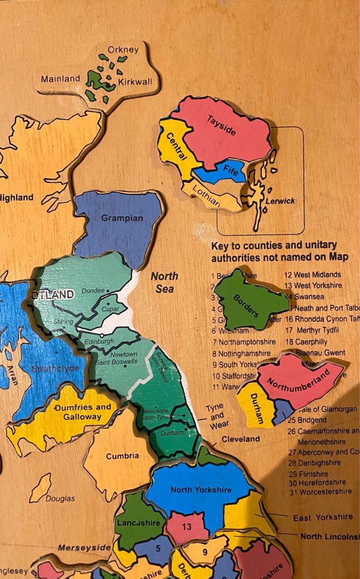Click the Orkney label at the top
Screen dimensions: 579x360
[123, 50]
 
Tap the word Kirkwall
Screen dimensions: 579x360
[135, 81]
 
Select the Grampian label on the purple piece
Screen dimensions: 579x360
[122, 218]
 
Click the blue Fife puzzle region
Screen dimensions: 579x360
[229, 172]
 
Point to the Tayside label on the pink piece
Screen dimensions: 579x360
[221, 126]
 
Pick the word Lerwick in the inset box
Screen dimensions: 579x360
[280, 201]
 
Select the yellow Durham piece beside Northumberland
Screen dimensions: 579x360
[257, 411]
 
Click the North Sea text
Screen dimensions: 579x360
[164, 283]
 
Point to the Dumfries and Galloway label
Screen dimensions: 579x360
[82, 412]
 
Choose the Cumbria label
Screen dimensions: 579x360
[122, 456]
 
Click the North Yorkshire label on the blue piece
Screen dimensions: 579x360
[201, 489]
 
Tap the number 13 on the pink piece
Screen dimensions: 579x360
[186, 526]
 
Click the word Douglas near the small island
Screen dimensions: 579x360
[60, 499]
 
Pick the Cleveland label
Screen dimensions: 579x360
[241, 439]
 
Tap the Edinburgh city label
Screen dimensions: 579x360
[98, 341]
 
